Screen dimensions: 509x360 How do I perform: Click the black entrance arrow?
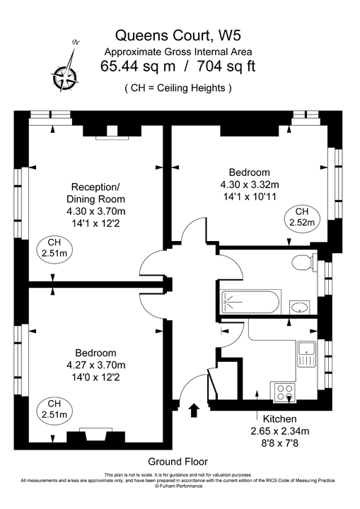[x=195, y=410]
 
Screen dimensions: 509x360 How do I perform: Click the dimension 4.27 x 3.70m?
[x=95, y=365]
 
